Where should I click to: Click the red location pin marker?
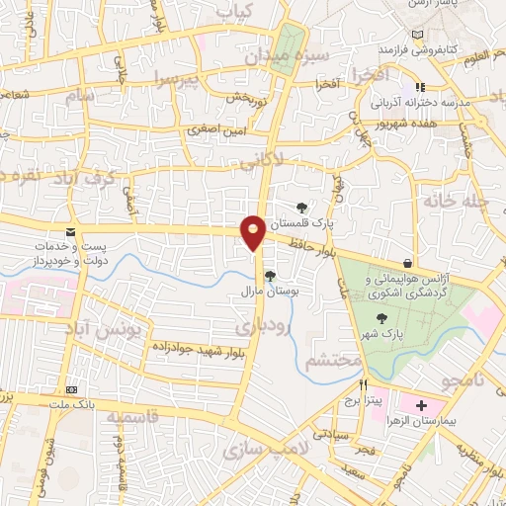point(254,231)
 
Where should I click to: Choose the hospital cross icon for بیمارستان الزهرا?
point(422,406)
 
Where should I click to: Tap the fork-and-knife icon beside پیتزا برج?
point(363,383)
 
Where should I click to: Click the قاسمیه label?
point(120,418)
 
